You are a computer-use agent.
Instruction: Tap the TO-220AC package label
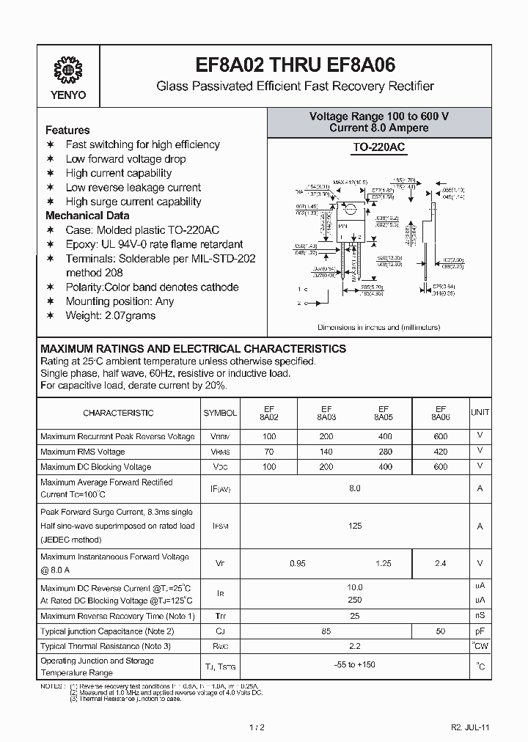click(378, 147)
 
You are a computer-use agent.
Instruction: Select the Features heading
click(67, 130)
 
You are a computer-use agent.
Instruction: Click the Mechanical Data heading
click(87, 216)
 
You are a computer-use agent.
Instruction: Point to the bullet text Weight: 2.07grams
click(110, 315)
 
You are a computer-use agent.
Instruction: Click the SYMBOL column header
click(220, 413)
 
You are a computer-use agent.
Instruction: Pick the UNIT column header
click(480, 413)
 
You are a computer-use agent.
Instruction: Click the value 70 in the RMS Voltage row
click(268, 452)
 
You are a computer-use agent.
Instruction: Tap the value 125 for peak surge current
click(355, 526)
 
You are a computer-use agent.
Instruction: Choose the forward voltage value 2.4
click(440, 564)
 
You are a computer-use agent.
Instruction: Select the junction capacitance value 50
click(440, 631)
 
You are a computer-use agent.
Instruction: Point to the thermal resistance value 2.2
click(355, 646)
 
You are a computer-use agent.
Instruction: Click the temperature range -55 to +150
click(355, 666)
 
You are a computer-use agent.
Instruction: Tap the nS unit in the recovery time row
click(480, 616)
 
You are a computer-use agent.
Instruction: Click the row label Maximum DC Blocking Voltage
click(95, 466)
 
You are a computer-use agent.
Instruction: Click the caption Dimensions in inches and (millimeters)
click(378, 328)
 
